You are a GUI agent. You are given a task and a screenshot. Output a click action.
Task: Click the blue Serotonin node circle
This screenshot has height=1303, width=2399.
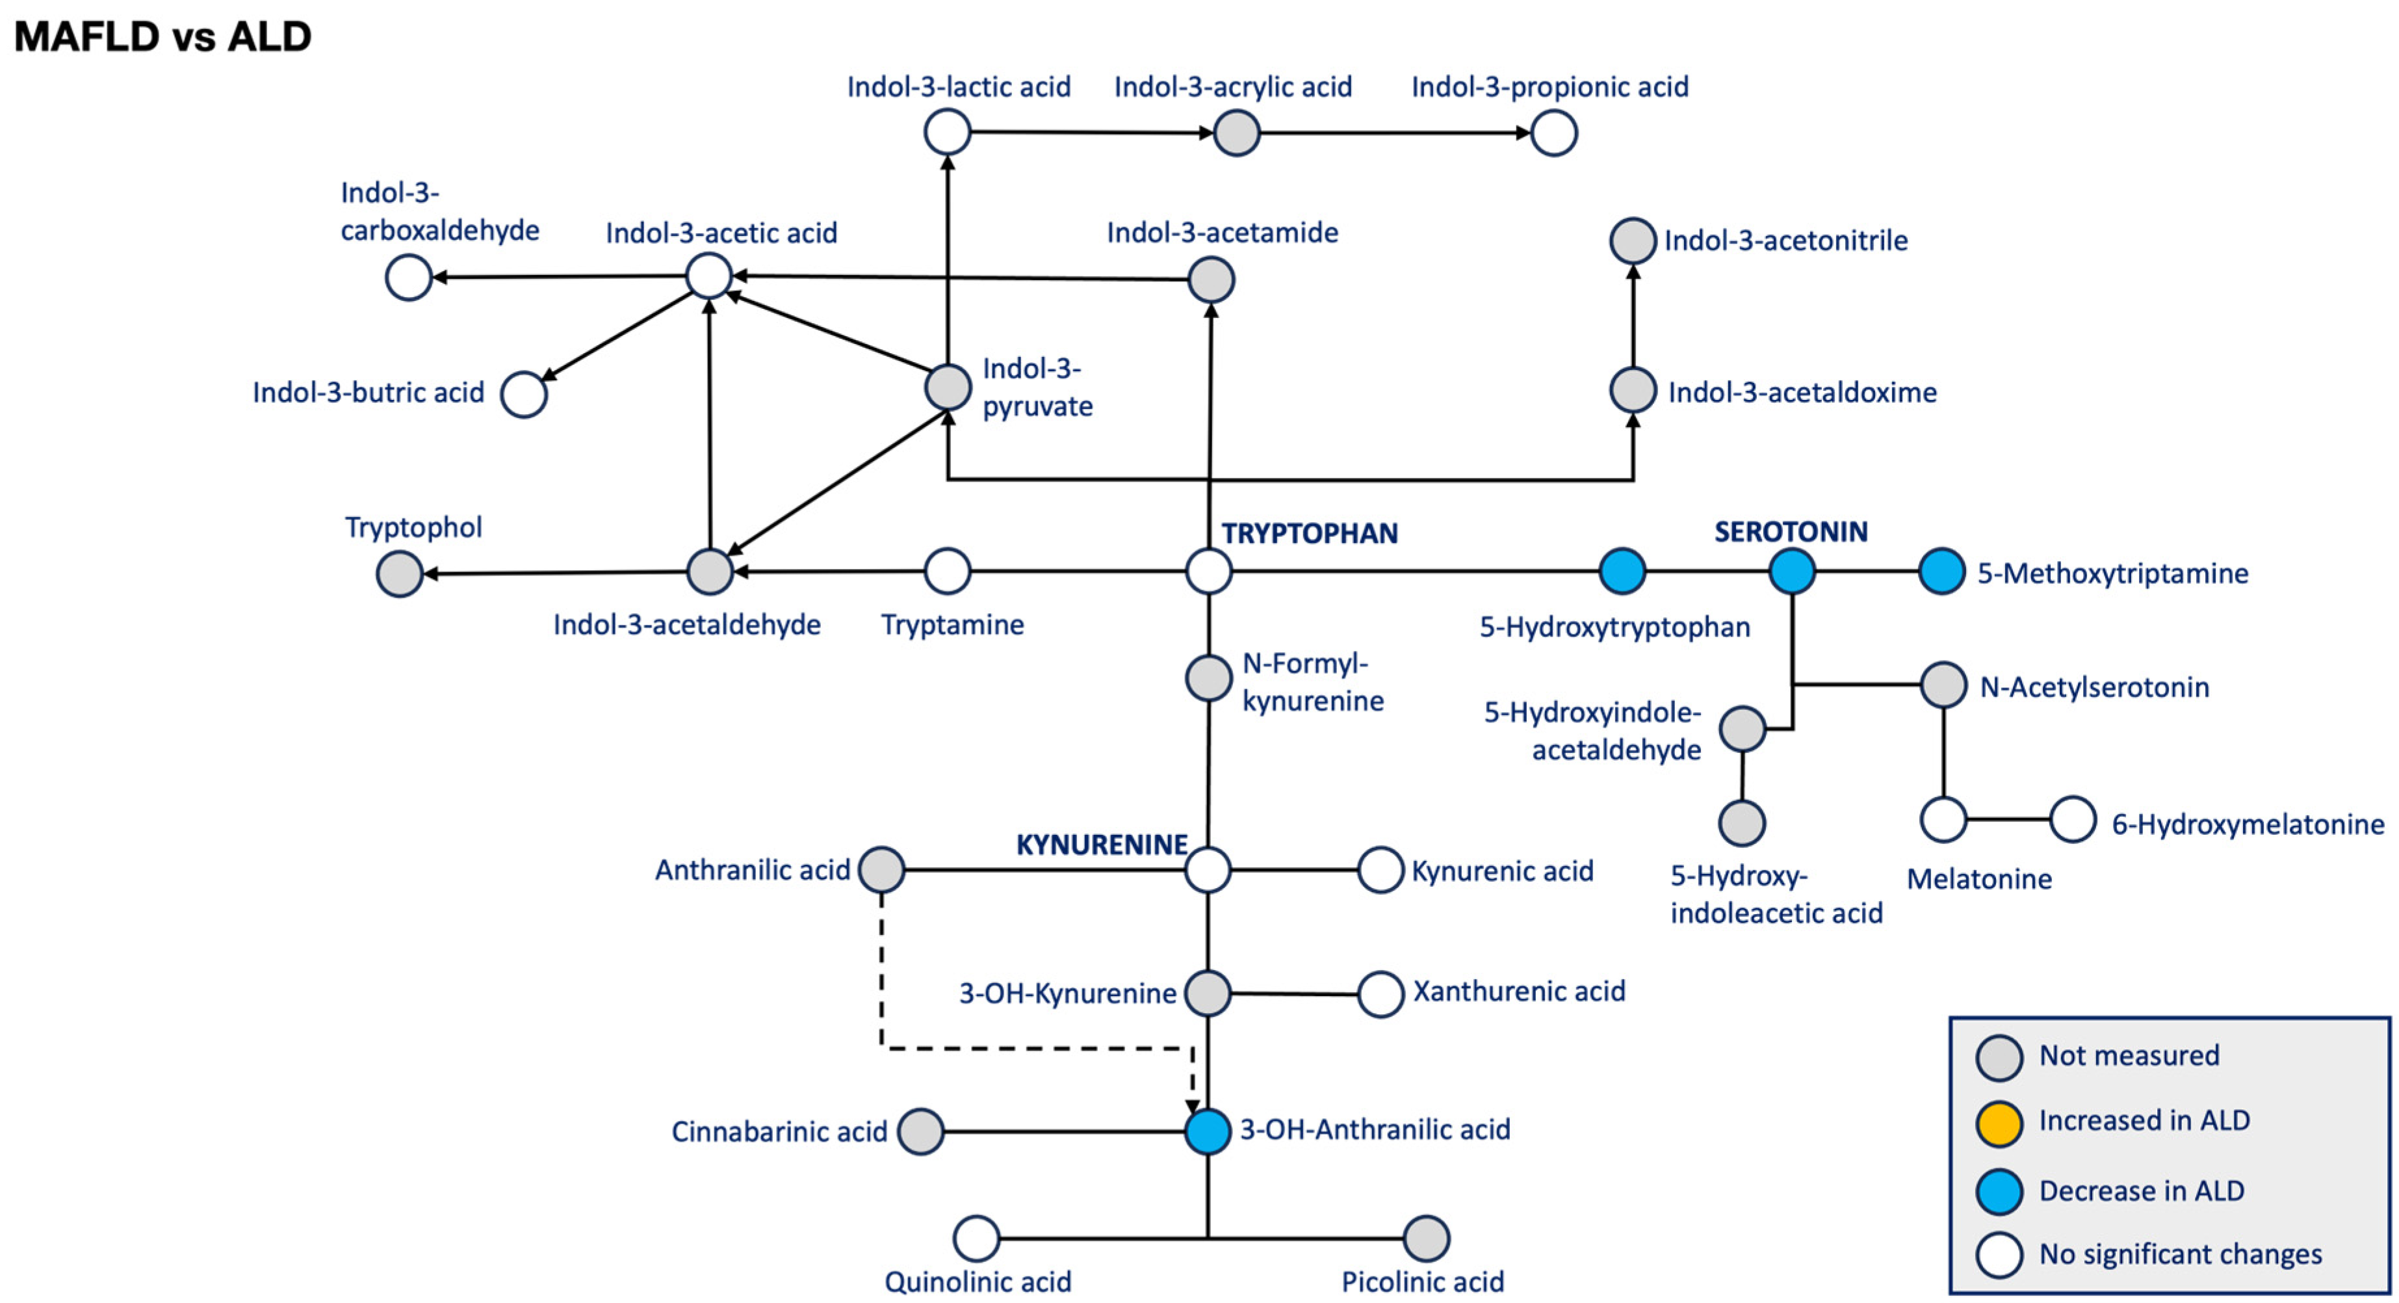coord(1791,571)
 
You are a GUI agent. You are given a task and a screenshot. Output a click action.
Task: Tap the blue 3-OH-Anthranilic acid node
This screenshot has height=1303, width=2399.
coord(1208,1131)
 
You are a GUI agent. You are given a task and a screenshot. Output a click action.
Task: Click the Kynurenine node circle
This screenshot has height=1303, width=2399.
coord(1208,870)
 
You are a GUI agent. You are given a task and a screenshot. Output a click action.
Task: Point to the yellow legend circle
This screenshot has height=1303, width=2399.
coord(1999,1124)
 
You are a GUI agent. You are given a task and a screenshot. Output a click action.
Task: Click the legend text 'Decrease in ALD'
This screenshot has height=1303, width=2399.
coord(2141,1191)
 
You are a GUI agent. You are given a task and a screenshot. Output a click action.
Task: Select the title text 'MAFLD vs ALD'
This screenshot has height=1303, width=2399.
coord(163,37)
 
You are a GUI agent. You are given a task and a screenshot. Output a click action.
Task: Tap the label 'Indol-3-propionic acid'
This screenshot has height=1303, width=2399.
coord(1550,86)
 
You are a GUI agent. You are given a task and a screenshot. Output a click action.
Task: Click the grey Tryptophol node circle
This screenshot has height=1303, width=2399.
coord(400,573)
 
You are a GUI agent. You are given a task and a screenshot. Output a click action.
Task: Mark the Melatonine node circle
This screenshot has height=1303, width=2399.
coord(1943,820)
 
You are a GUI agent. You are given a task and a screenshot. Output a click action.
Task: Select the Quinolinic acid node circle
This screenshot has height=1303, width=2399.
coord(976,1238)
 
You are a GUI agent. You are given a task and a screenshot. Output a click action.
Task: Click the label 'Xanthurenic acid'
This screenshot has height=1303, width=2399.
coord(1519,991)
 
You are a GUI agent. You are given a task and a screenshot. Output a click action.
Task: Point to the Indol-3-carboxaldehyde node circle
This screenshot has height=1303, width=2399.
coord(408,278)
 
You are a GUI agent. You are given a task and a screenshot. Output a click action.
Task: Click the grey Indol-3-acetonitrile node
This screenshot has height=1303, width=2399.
coord(1633,241)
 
